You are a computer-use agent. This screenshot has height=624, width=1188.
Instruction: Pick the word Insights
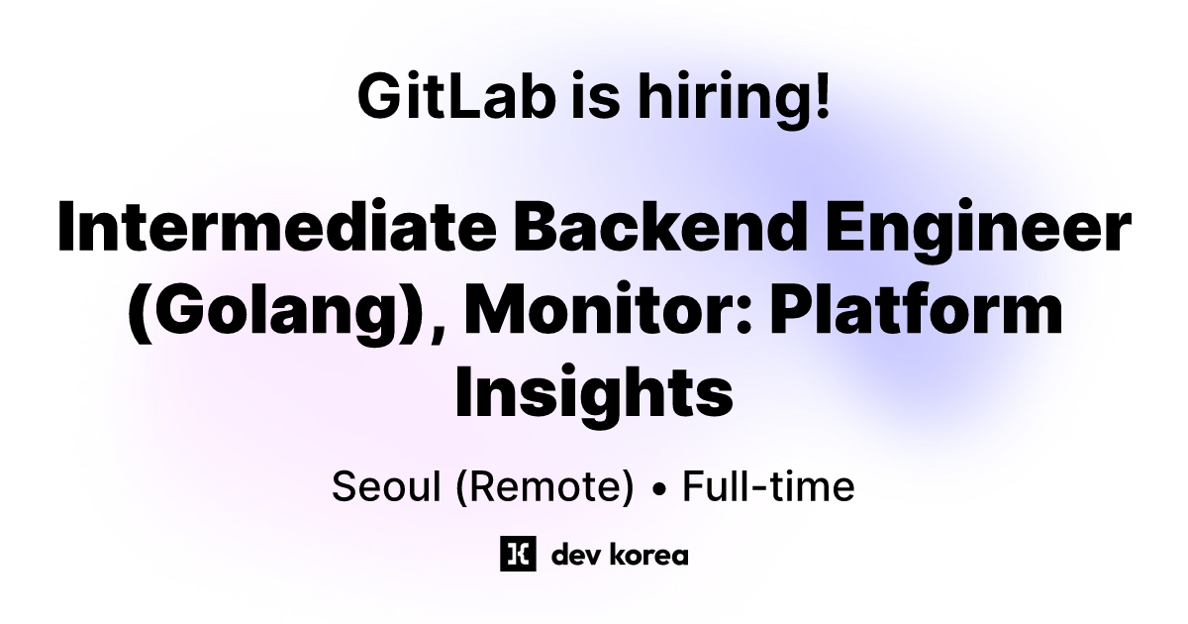point(594,392)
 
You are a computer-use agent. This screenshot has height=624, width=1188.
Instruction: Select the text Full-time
point(767,487)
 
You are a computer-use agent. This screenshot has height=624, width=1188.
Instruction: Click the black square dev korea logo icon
point(518,554)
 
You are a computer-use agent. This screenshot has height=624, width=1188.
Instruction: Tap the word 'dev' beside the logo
point(572,555)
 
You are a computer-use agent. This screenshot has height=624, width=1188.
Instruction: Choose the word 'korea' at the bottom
point(646,555)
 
